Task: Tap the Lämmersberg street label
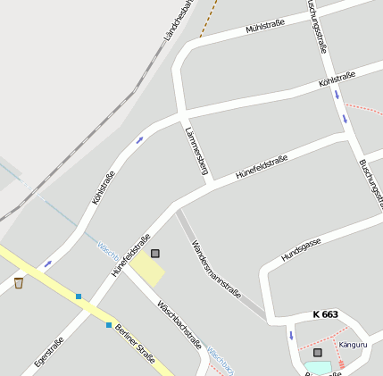point(196,149)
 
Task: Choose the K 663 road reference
point(326,314)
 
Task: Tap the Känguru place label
point(354,344)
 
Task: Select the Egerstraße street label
point(48,353)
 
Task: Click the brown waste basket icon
point(18,283)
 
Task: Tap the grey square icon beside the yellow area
point(155,254)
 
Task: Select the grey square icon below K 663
point(317,353)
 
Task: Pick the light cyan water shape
point(317,367)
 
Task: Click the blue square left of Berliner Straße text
point(109,324)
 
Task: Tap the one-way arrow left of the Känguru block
point(290,335)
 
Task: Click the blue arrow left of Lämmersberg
point(139,140)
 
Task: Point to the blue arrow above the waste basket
point(47,263)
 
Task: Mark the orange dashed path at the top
point(209,18)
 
